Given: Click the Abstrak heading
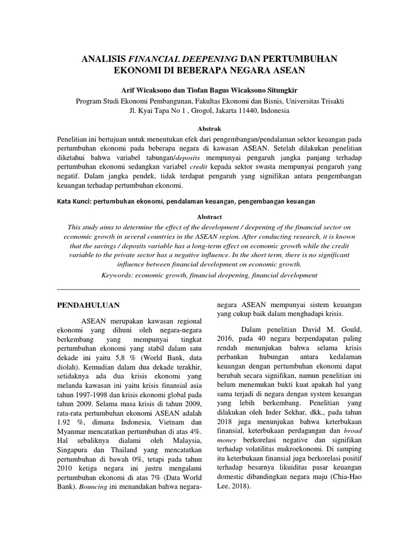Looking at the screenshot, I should click(210, 128).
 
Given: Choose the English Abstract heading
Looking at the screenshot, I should click(210, 217).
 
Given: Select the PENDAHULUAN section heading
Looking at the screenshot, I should click(89, 305).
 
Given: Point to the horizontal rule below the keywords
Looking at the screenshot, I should click(208, 288).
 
